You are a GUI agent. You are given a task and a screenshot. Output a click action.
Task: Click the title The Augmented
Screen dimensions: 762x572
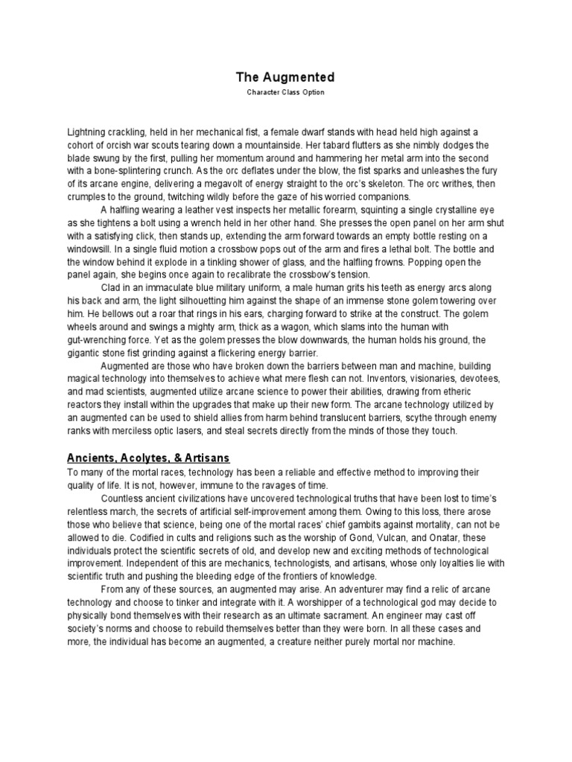[285, 77]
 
